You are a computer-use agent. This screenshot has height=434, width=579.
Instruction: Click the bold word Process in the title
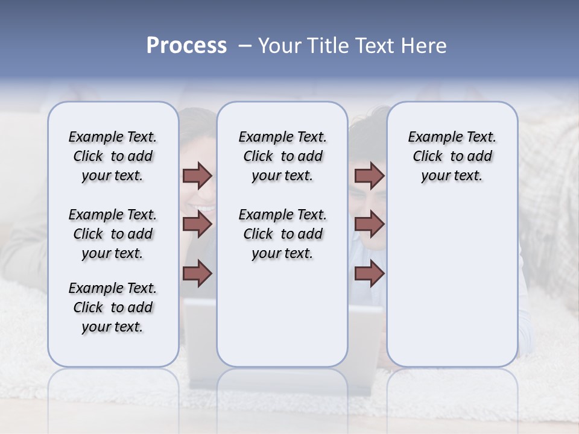point(186,46)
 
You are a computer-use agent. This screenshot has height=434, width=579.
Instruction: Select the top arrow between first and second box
point(197,176)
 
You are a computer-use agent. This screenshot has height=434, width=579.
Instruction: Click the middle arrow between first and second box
point(197,224)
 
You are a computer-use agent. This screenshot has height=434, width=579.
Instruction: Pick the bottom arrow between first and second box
point(197,274)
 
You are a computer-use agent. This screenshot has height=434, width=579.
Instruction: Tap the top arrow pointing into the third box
point(369,176)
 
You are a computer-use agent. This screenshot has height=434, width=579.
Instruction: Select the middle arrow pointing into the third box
point(369,224)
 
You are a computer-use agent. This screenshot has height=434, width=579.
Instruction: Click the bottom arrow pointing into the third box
point(369,274)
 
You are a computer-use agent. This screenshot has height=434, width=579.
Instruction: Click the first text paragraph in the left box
point(113,156)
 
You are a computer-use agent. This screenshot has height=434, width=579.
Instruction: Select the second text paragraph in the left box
point(113,234)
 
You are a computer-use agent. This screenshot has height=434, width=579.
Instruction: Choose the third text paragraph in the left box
point(113,307)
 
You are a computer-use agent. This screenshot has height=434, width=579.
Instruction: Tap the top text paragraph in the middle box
point(282,156)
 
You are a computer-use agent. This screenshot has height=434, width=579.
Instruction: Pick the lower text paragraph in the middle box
point(282,234)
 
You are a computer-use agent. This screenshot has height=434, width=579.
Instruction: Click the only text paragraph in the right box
point(452,156)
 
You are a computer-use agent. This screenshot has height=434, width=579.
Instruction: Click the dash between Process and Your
point(245,46)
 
